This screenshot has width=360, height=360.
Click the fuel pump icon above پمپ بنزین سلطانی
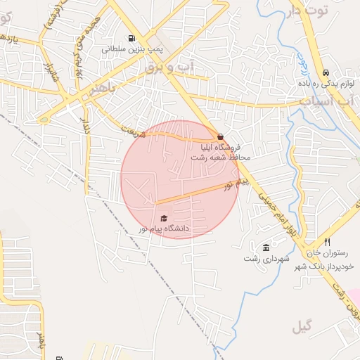click(131, 39)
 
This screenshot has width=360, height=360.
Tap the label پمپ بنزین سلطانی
click(132, 49)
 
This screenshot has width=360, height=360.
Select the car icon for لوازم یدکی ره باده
click(326, 73)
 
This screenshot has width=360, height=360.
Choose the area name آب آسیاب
click(324, 101)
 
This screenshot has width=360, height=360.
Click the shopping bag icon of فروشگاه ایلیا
click(221, 137)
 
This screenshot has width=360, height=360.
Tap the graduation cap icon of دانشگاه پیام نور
click(164, 219)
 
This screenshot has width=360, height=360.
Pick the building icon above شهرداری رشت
click(266, 247)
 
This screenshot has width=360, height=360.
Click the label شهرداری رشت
click(266, 259)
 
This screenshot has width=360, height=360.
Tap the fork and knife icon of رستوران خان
click(327, 242)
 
